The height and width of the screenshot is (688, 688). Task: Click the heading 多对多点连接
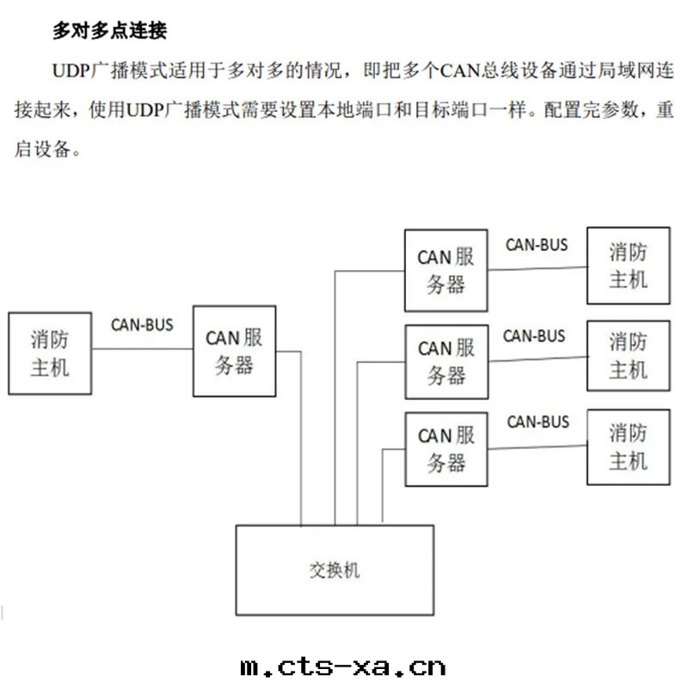[x=109, y=32]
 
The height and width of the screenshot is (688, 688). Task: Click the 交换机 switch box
[x=335, y=569]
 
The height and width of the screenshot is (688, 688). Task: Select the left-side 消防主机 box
[x=49, y=353]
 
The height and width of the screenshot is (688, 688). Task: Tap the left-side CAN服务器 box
[x=234, y=351]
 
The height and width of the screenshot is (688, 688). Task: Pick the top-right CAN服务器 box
[x=445, y=270]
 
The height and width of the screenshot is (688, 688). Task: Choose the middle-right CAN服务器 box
[x=445, y=361]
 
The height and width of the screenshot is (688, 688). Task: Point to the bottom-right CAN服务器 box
[x=445, y=449]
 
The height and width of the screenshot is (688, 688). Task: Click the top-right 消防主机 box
[x=628, y=266]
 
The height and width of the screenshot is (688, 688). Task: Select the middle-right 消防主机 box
[x=628, y=356]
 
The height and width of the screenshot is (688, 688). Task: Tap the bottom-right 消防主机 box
[x=628, y=446]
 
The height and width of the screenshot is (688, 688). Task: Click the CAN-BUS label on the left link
[x=142, y=325]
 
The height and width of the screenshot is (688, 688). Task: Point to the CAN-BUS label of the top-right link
[x=537, y=244]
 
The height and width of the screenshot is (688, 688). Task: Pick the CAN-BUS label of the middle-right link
[x=534, y=335]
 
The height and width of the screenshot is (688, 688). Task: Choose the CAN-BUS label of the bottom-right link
[x=537, y=421]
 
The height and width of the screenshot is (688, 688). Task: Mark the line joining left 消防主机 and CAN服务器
[x=142, y=348]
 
